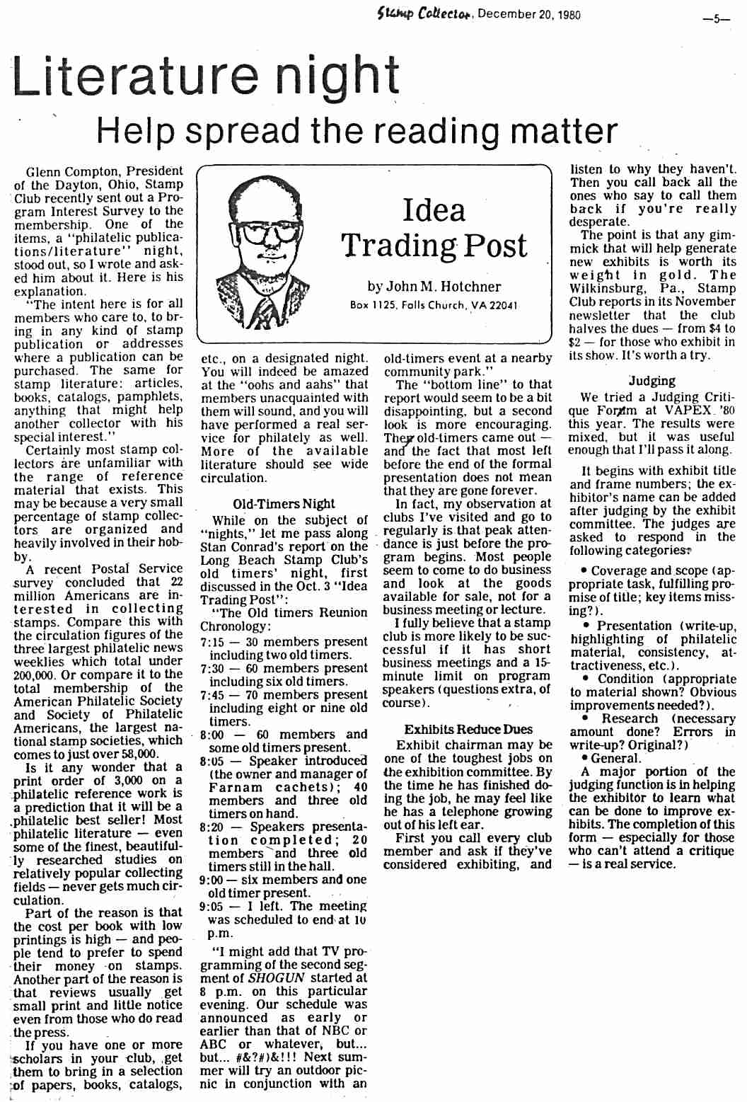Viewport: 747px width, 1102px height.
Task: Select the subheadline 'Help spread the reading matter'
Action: point(357,131)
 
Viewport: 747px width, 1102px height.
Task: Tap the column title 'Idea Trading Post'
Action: point(434,227)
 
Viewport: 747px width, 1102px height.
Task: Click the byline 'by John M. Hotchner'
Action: point(434,287)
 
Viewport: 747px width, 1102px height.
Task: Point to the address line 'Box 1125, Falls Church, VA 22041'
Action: point(434,306)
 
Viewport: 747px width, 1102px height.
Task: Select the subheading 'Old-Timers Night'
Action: point(284,504)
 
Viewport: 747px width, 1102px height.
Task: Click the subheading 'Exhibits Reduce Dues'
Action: point(468,730)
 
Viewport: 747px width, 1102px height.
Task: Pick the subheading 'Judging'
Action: point(652,381)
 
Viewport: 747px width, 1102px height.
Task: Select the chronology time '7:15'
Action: point(213,642)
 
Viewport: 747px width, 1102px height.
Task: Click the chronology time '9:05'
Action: point(213,907)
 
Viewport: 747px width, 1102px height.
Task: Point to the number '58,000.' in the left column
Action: point(134,754)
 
